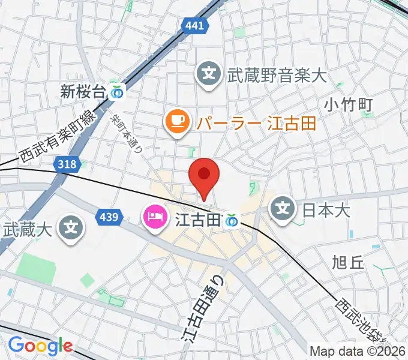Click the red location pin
204,175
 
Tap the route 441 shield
194,25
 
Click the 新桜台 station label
83,91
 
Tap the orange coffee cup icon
176,122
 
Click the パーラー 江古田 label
254,123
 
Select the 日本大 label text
326,210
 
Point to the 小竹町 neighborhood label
349,105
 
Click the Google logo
40,346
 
